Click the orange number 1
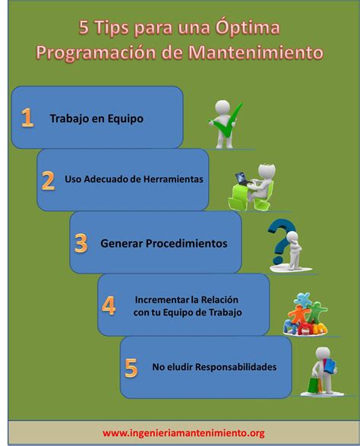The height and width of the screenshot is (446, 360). tap(27, 118)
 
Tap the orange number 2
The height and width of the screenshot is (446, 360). tap(48, 180)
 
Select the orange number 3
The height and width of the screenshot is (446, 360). tap(81, 243)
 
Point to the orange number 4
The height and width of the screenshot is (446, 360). tap(109, 305)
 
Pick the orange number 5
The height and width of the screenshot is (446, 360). tap(131, 368)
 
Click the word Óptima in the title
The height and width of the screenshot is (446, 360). tap(248, 27)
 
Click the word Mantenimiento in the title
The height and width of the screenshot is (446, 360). tap(256, 52)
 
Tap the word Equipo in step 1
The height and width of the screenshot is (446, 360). tap(125, 119)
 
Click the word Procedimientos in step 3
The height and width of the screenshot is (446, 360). tap(187, 243)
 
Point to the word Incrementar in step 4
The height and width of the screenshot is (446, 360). tap(162, 300)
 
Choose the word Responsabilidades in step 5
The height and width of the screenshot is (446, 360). tap(235, 367)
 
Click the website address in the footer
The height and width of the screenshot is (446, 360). tap(183, 433)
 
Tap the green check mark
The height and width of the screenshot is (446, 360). tap(226, 122)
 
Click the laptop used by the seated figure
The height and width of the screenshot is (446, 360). tap(243, 179)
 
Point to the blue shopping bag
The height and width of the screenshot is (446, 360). tap(330, 365)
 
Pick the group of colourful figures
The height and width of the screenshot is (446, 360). tap(305, 315)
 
